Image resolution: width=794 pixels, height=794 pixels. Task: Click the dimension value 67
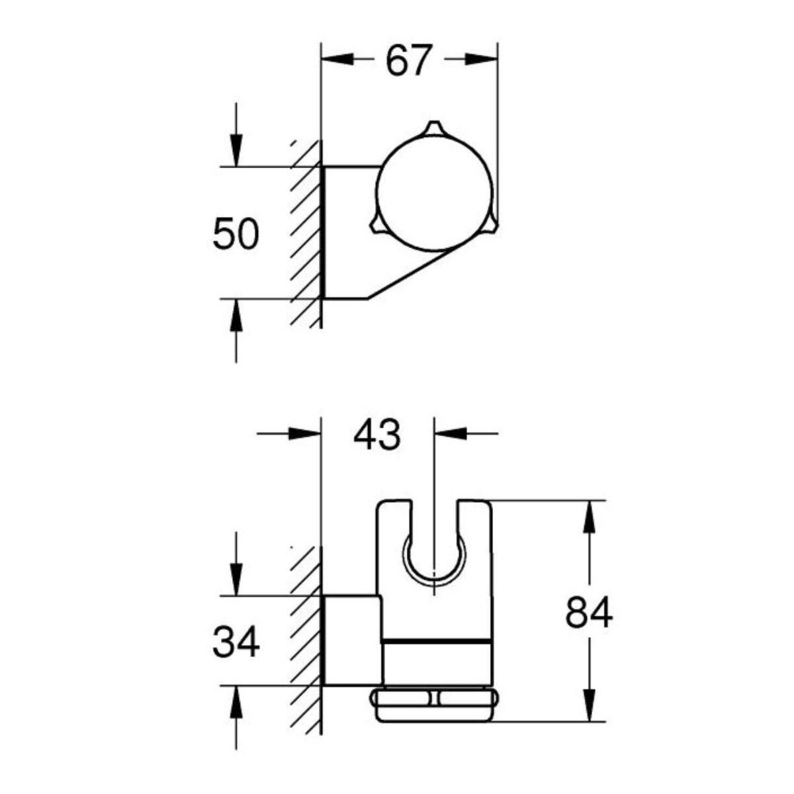tap(408, 60)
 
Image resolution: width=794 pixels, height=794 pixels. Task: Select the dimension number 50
tap(236, 234)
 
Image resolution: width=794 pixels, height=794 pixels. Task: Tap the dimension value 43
tap(376, 435)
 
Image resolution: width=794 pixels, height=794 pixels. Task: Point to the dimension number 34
tap(236, 642)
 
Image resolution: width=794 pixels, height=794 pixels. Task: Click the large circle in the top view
tap(434, 192)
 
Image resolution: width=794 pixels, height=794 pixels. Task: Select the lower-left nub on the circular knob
tap(376, 226)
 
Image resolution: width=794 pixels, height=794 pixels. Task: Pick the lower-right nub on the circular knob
tap(492, 226)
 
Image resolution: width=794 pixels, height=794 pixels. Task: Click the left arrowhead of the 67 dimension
tap(337, 59)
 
